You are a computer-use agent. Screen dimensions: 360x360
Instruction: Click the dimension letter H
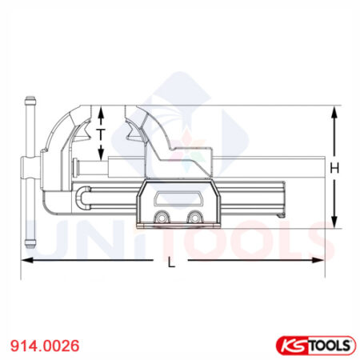[335, 168]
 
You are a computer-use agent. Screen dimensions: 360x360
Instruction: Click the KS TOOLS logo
[316, 345]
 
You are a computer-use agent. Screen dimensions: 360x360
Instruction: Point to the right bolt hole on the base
[193, 218]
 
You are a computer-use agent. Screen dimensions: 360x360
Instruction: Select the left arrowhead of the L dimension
[26, 260]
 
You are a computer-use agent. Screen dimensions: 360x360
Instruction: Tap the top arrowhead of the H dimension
[335, 112]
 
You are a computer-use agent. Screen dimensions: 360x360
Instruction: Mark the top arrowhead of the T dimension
[101, 110]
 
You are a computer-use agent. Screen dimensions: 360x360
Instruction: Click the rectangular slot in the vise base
[177, 199]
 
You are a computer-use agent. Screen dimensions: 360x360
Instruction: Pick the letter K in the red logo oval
[289, 345]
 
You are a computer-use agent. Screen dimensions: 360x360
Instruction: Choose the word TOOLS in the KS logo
[329, 345]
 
